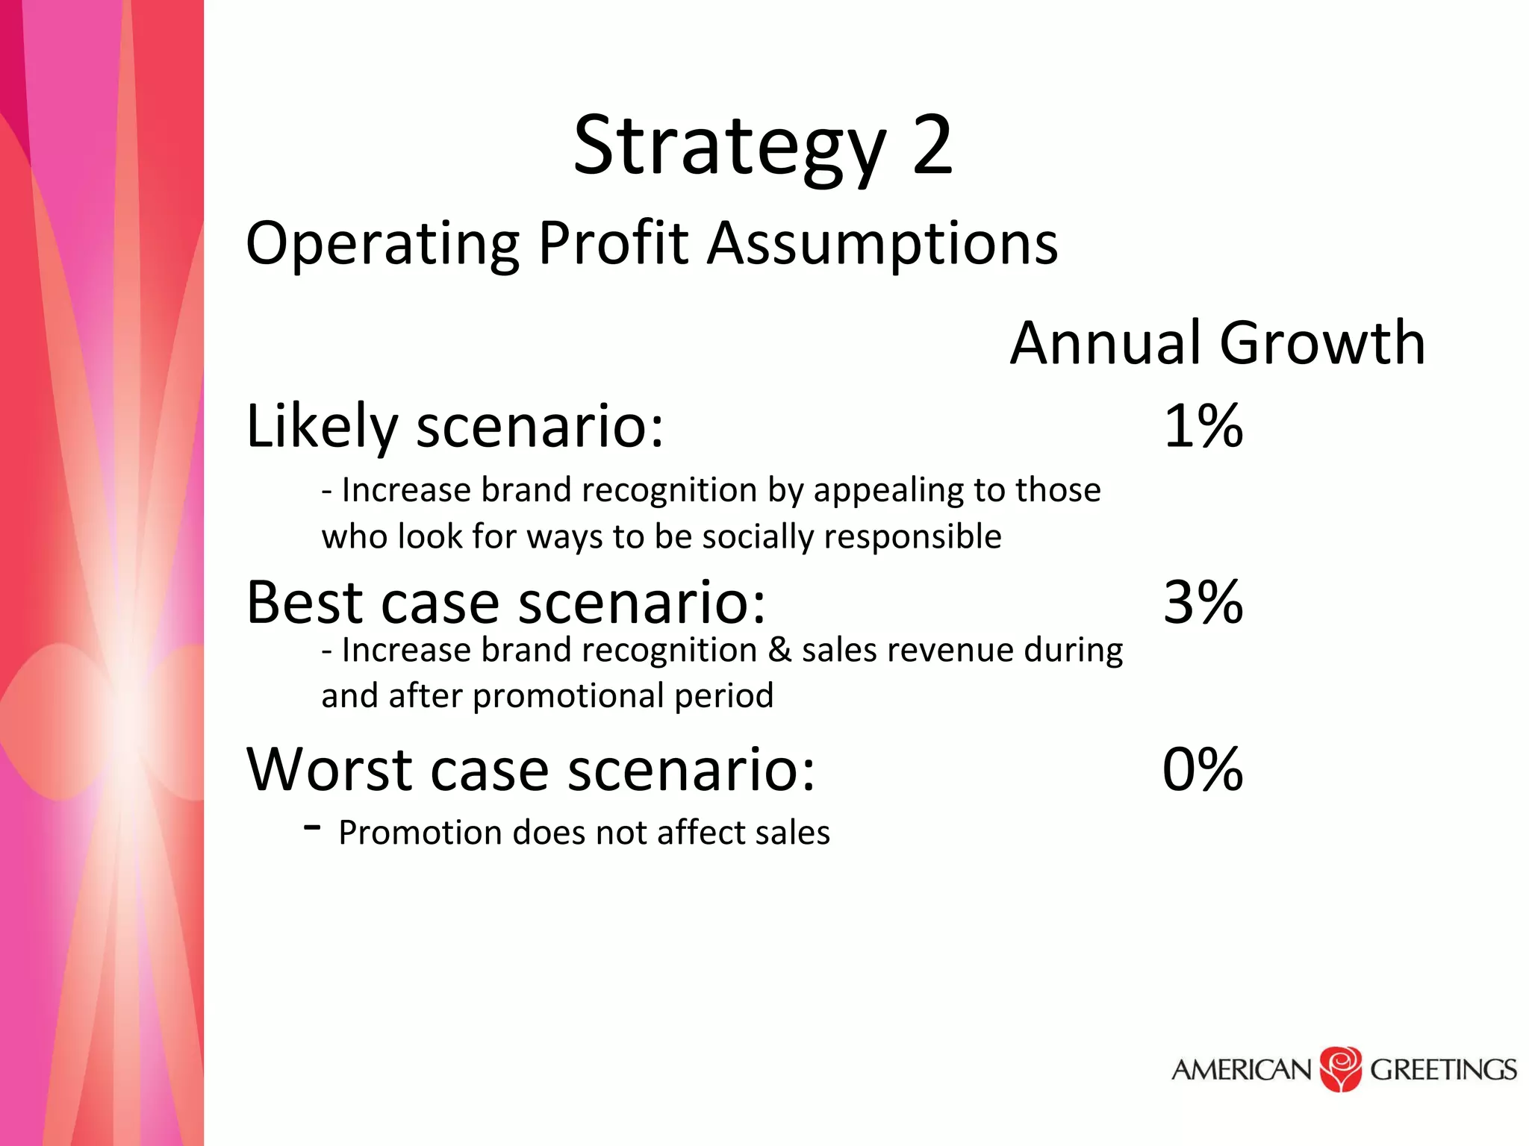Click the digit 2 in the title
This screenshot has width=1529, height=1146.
click(x=931, y=145)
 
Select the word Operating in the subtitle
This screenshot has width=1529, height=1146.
click(x=382, y=244)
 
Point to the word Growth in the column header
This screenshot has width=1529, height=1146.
click(x=1322, y=343)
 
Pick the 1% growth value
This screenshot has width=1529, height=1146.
click(x=1203, y=426)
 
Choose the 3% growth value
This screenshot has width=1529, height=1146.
click(x=1203, y=602)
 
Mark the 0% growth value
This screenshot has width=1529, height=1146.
click(x=1203, y=769)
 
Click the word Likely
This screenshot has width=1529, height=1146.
click(x=322, y=427)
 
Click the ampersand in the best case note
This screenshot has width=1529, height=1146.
click(x=779, y=649)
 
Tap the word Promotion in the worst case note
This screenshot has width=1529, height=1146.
click(x=420, y=833)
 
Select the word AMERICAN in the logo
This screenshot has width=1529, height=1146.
click(x=1241, y=1070)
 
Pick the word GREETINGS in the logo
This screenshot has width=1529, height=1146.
click(x=1443, y=1070)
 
